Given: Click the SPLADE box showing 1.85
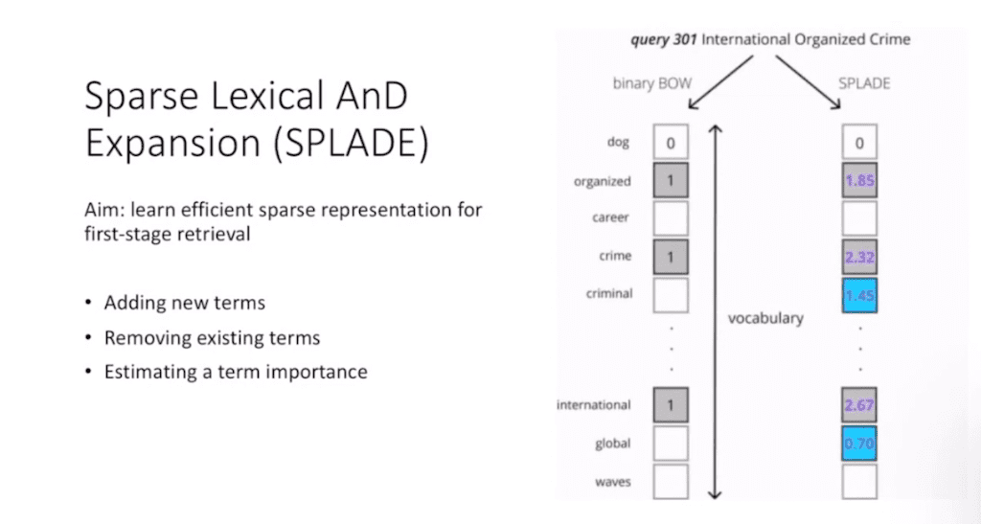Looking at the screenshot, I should [x=859, y=179].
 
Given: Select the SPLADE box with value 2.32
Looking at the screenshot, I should [x=859, y=256].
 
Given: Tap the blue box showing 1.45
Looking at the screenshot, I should [x=859, y=294].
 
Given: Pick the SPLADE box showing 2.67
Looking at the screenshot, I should [x=859, y=405].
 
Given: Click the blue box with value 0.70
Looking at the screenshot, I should [x=859, y=444].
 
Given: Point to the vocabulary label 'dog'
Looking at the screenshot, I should [x=618, y=143].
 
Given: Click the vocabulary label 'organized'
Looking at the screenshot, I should [x=602, y=180].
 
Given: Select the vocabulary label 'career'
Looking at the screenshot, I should [x=610, y=217].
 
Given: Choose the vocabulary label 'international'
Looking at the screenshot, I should [x=594, y=405].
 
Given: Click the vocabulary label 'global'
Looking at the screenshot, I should [x=613, y=444].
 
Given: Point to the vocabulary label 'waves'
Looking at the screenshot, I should [x=612, y=481].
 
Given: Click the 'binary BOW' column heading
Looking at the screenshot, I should [x=651, y=83].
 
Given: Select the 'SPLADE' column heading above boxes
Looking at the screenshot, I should [x=864, y=83].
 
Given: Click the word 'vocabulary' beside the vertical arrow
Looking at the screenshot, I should [x=765, y=317].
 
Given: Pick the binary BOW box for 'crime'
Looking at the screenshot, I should [x=671, y=256].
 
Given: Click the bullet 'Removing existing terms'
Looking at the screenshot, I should [x=212, y=337].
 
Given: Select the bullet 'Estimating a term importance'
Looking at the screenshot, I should [x=235, y=372].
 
